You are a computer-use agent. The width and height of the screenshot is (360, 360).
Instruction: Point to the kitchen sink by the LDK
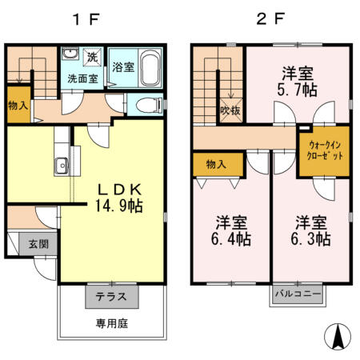click(x=61, y=166)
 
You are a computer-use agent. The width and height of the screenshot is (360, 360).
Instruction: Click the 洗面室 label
click(x=82, y=79)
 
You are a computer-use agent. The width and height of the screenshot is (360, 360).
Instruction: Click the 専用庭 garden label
click(x=112, y=324)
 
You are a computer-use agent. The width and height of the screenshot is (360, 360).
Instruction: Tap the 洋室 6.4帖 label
click(x=227, y=229)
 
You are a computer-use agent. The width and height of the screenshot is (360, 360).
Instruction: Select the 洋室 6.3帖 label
click(x=311, y=229)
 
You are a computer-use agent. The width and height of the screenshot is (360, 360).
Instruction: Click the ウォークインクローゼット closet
click(x=326, y=150)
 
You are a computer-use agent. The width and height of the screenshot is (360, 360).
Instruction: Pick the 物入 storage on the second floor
click(x=217, y=164)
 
